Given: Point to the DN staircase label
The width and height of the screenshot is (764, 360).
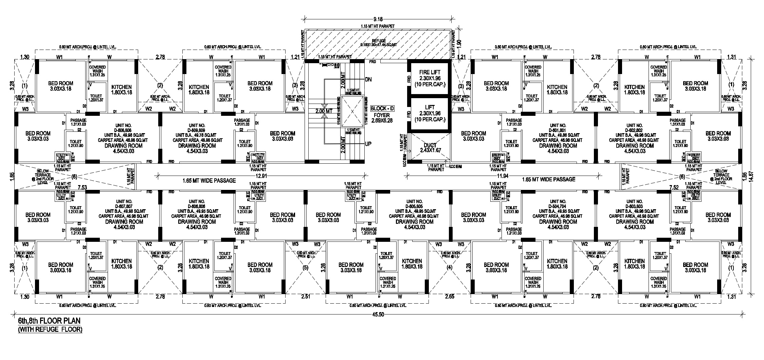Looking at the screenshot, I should (368, 79).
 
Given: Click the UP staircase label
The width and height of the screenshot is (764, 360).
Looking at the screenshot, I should (368, 144).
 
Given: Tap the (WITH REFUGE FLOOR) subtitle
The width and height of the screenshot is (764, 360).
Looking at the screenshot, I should (50, 329).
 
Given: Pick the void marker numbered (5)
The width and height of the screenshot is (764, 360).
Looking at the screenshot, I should (305, 268).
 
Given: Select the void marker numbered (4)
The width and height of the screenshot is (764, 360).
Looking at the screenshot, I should (450, 268).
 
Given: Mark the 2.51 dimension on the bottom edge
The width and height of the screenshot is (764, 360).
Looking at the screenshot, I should (305, 296).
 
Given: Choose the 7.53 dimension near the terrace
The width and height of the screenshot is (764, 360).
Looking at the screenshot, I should (83, 187).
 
